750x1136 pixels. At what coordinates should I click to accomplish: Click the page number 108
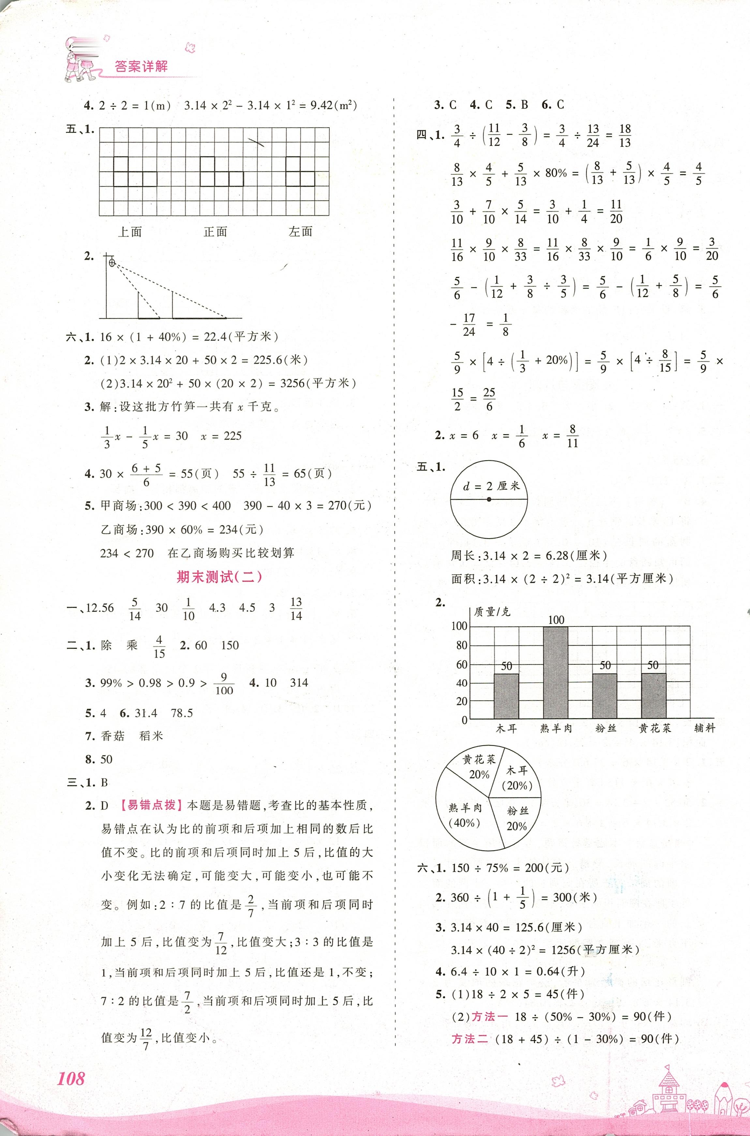71,1065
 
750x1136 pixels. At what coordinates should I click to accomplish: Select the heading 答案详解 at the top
142,67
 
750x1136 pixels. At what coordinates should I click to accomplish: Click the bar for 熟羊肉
556,672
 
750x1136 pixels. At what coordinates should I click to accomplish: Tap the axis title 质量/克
492,612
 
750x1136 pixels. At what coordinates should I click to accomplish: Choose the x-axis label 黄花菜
655,729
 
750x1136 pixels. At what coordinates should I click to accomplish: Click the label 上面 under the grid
130,232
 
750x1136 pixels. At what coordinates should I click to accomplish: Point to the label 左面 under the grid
301,232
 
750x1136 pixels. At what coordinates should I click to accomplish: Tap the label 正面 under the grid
215,232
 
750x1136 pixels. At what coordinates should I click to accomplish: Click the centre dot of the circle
489,499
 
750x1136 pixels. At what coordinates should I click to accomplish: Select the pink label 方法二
469,1039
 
